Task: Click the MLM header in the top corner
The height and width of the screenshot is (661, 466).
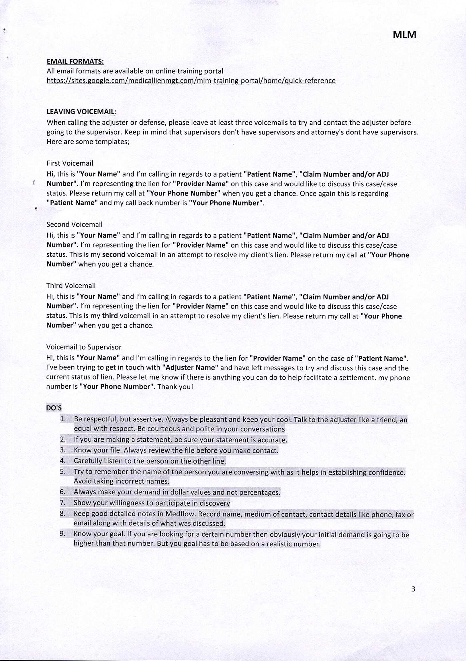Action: click(404, 35)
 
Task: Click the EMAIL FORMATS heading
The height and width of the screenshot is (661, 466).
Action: click(75, 61)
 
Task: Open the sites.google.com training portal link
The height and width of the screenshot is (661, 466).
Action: click(191, 81)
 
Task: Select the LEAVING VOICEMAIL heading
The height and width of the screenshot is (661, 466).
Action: click(81, 112)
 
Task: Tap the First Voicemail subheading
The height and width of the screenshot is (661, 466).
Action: click(70, 163)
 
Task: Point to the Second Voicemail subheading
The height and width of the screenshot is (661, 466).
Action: click(74, 224)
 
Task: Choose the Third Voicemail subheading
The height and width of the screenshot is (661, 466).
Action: click(71, 285)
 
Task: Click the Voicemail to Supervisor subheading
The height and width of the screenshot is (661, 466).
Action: click(84, 347)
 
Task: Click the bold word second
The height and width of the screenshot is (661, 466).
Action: click(114, 255)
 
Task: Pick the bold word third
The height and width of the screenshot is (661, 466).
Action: click(110, 316)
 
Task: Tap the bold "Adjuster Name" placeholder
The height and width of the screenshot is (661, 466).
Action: click(190, 368)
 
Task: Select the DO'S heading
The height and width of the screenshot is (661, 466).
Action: click(54, 408)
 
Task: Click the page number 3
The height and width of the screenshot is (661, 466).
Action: click(413, 589)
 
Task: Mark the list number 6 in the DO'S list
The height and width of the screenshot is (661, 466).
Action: click(62, 492)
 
